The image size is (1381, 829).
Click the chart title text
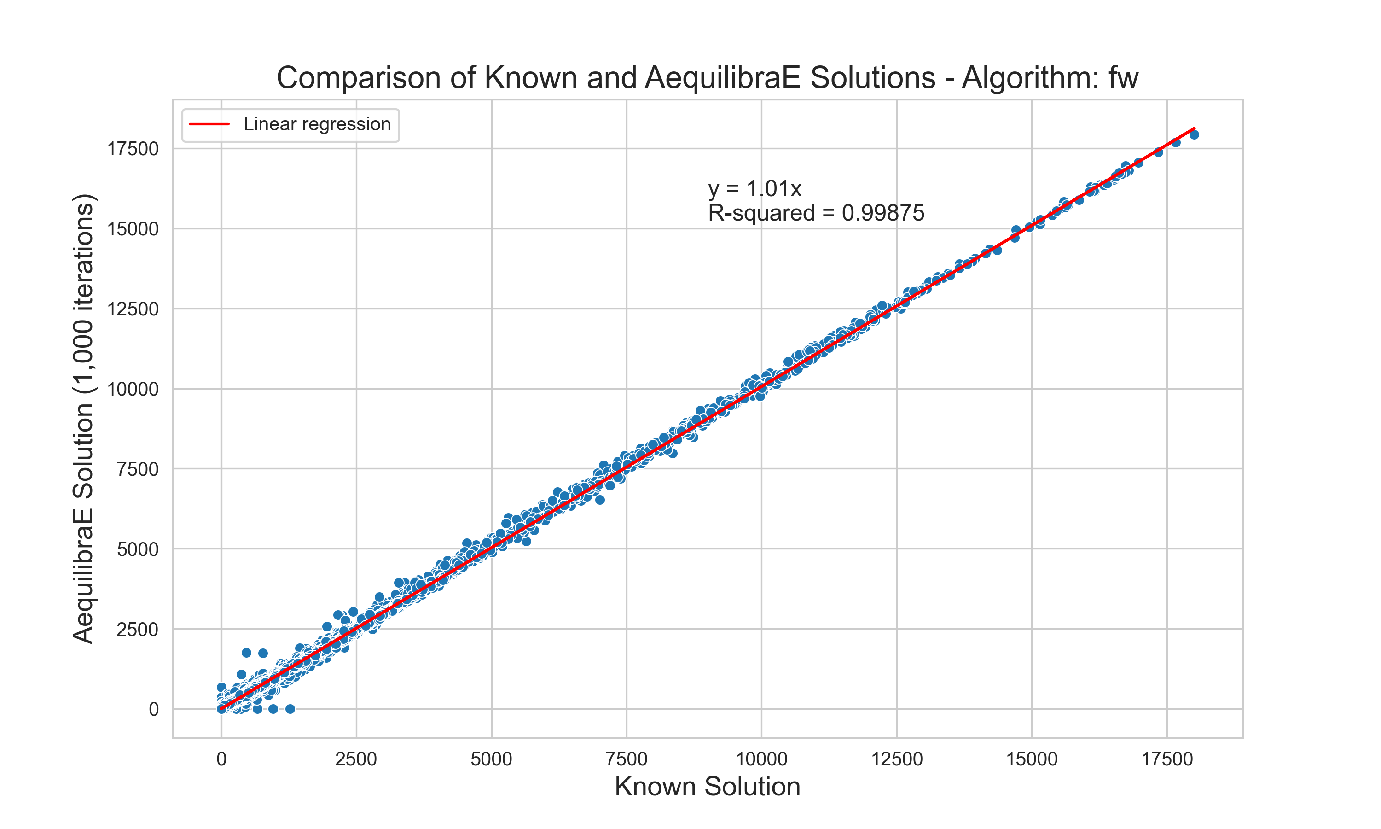tap(707, 78)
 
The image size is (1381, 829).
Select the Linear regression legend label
tap(317, 124)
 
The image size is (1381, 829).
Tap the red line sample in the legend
tap(209, 124)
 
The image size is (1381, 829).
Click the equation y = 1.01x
tap(754, 189)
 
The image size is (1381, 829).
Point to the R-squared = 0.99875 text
tap(816, 213)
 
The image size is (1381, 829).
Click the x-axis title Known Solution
tap(707, 787)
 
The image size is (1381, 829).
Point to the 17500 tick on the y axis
tap(133, 149)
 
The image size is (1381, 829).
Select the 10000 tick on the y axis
tap(133, 389)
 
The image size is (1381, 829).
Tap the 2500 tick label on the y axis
tap(137, 630)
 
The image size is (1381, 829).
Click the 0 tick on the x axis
tap(221, 759)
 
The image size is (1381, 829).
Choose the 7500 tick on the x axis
tap(627, 759)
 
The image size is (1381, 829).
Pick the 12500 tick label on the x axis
tap(896, 759)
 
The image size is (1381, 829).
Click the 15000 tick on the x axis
tap(1032, 759)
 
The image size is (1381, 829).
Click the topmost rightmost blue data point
tap(1194, 134)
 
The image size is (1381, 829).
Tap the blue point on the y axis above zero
tap(221, 687)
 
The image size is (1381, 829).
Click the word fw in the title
tap(1123, 78)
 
